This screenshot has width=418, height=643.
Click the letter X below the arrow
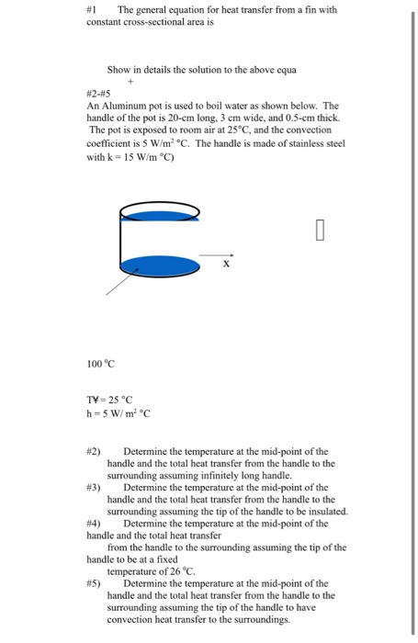pos(226,265)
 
